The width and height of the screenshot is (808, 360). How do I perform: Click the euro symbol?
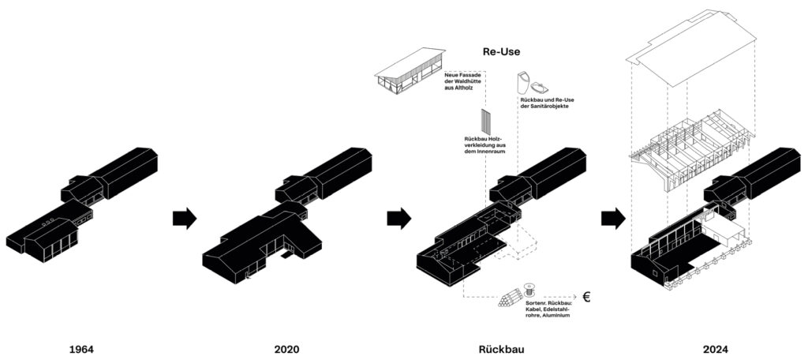coord(586,298)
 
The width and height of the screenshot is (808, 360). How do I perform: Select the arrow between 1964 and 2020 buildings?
coord(184,218)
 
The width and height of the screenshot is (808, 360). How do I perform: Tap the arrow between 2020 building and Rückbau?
coord(399,218)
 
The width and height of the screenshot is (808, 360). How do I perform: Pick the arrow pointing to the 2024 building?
coord(612,218)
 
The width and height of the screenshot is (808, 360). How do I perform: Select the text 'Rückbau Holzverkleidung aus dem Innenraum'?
coord(484,148)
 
